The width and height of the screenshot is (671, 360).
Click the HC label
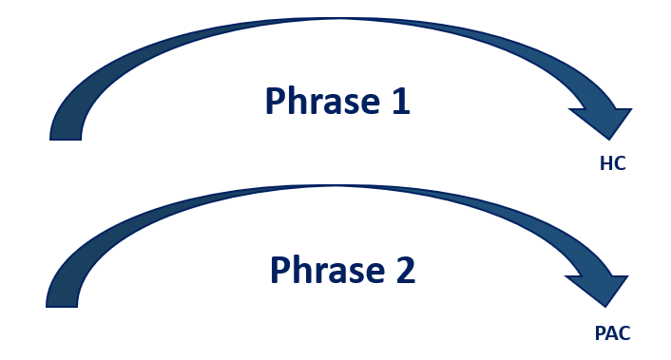pyautogui.click(x=612, y=163)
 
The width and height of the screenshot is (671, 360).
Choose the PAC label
pyautogui.click(x=609, y=333)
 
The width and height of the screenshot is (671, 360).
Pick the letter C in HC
pyautogui.click(x=619, y=163)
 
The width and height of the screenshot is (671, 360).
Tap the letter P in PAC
pyautogui.click(x=598, y=333)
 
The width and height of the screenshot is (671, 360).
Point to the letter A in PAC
pyautogui.click(x=609, y=333)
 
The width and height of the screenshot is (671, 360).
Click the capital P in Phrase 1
pyautogui.click(x=275, y=102)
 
